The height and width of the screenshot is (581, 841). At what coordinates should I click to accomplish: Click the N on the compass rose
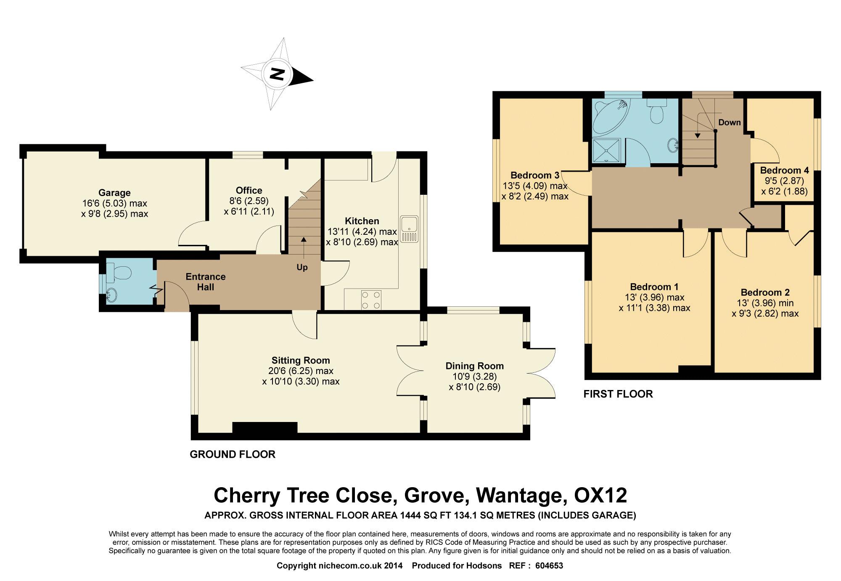pyautogui.click(x=277, y=75)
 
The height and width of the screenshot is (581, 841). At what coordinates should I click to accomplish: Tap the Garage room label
pyautogui.click(x=114, y=193)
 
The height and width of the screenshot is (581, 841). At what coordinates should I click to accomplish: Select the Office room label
pyautogui.click(x=249, y=191)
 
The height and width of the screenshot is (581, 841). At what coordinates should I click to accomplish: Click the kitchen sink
pyautogui.click(x=409, y=229)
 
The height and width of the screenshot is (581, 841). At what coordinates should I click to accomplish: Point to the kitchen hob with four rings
pyautogui.click(x=371, y=300)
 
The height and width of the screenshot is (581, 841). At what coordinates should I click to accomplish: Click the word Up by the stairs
pyautogui.click(x=302, y=268)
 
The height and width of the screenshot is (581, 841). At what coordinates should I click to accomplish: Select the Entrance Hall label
pyautogui.click(x=206, y=282)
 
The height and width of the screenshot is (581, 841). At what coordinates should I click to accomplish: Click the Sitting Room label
pyautogui.click(x=301, y=361)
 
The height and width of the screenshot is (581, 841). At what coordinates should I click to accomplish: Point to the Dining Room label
pyautogui.click(x=475, y=366)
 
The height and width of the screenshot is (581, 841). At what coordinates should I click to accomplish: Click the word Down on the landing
pyautogui.click(x=730, y=122)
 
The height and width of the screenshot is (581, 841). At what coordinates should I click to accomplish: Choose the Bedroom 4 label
pyautogui.click(x=785, y=170)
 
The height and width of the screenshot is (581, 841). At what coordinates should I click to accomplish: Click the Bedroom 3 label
pyautogui.click(x=535, y=175)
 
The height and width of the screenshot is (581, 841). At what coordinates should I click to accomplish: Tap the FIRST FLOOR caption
pyautogui.click(x=618, y=394)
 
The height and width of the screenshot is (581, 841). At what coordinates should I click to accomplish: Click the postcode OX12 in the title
pyautogui.click(x=600, y=496)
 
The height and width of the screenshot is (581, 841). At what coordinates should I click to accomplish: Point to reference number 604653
pyautogui.click(x=549, y=566)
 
